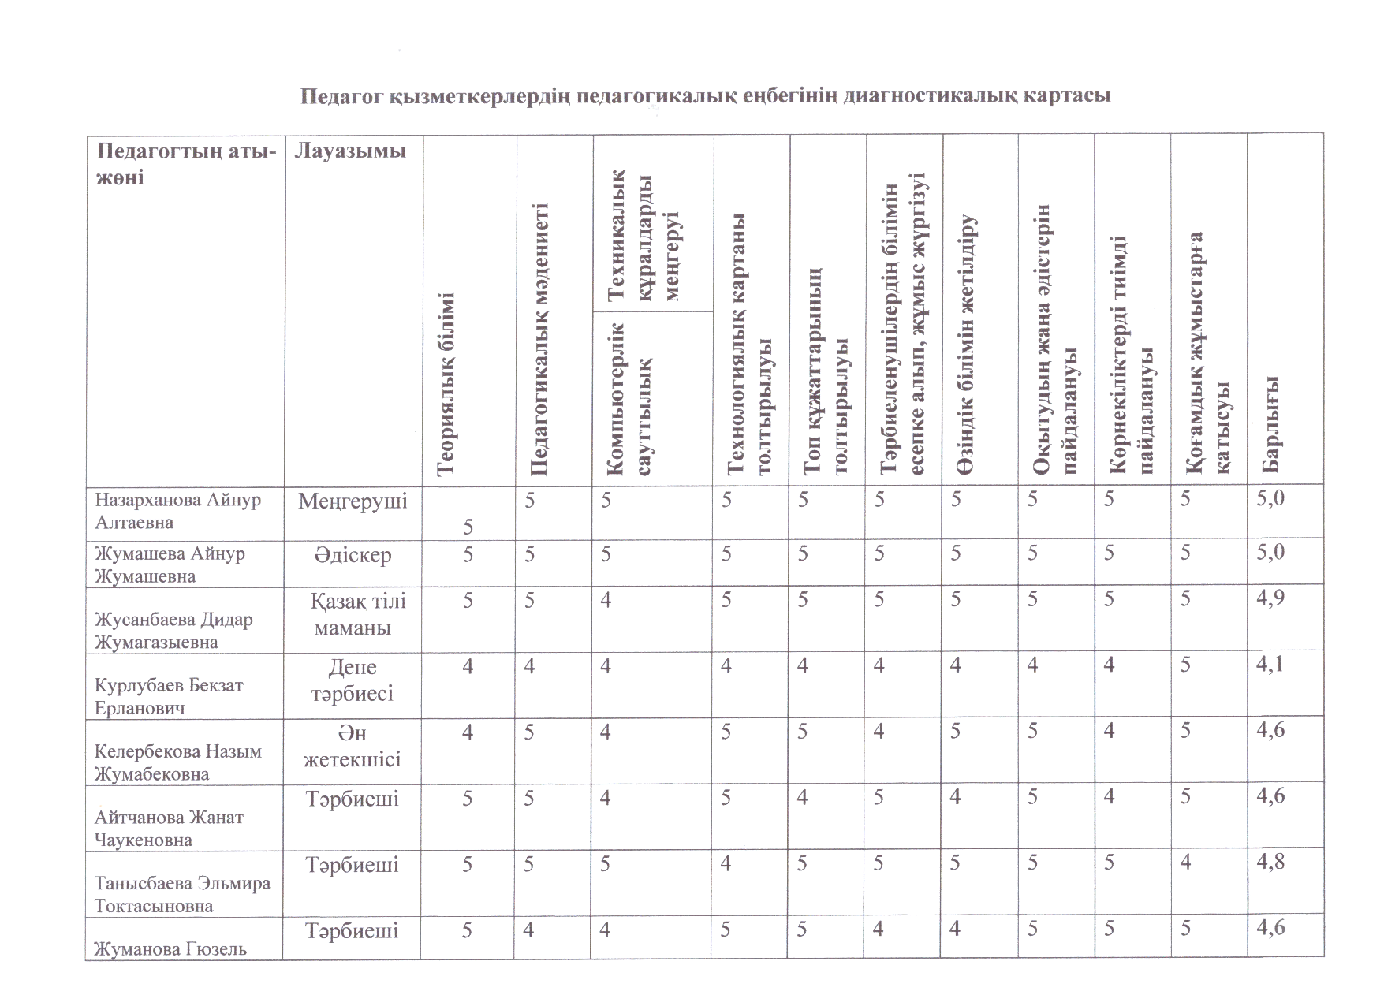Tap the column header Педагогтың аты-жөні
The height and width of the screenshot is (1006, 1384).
coord(186,163)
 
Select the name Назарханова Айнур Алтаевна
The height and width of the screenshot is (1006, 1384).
coord(178,511)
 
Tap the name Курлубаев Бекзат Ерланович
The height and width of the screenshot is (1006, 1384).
coord(169,696)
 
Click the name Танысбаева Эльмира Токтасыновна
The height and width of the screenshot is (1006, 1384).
coord(183,894)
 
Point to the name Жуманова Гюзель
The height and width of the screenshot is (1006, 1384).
coord(170,949)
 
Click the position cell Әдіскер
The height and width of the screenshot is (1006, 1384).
coord(353,556)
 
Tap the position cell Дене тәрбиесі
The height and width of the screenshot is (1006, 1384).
coord(353,680)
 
